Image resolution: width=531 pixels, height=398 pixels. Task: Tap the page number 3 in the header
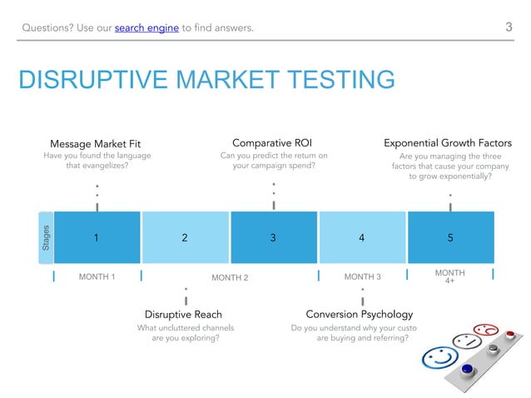pyautogui.click(x=509, y=27)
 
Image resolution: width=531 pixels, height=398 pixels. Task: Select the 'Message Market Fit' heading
pyautogui.click(x=95, y=143)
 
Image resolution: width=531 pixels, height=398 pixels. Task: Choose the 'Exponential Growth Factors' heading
pyautogui.click(x=447, y=143)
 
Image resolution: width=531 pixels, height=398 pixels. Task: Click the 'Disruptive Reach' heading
pyautogui.click(x=185, y=315)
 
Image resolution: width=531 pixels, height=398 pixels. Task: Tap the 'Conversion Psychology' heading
pyautogui.click(x=359, y=315)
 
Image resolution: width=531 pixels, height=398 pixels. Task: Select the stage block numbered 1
pyautogui.click(x=97, y=237)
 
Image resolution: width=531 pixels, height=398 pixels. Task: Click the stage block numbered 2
pyautogui.click(x=185, y=237)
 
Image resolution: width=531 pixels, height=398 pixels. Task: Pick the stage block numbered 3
pyautogui.click(x=273, y=237)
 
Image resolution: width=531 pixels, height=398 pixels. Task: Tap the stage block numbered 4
pyautogui.click(x=361, y=237)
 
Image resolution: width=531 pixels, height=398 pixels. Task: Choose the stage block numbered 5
pyautogui.click(x=450, y=237)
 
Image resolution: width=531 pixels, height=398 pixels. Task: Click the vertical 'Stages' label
pyautogui.click(x=47, y=237)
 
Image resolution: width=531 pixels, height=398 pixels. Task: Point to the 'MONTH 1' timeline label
pyautogui.click(x=97, y=276)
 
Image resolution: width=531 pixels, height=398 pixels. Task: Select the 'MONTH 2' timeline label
pyautogui.click(x=230, y=277)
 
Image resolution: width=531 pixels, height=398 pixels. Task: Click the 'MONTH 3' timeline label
pyautogui.click(x=362, y=276)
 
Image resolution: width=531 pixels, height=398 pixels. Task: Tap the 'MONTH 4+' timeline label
pyautogui.click(x=450, y=276)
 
